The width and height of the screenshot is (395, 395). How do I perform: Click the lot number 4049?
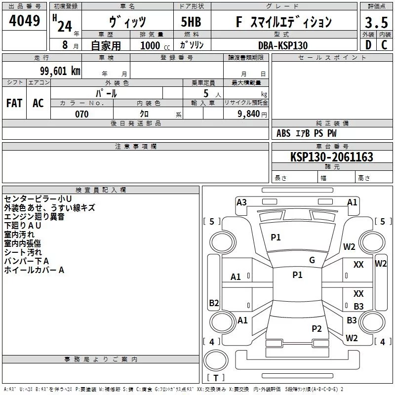[25, 22]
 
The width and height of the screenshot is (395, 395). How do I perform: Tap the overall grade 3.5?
[376, 22]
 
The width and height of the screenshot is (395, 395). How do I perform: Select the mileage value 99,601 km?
[56, 71]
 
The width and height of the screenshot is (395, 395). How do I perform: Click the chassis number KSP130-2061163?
[331, 157]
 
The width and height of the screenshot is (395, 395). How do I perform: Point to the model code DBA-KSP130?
[282, 45]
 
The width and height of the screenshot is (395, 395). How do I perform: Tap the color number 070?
[81, 114]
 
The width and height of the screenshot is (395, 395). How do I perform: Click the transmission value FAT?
[14, 103]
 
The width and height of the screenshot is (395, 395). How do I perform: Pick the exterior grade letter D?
[368, 45]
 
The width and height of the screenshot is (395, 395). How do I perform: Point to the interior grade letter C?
[384, 45]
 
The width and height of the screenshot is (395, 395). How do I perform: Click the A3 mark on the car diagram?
[241, 202]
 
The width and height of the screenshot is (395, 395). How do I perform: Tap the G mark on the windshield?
[312, 260]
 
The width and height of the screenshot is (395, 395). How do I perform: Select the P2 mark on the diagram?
[316, 328]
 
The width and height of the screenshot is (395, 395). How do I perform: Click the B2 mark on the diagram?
[214, 303]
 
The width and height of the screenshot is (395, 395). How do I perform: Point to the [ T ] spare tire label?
[216, 378]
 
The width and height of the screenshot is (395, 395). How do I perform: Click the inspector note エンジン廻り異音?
[34, 217]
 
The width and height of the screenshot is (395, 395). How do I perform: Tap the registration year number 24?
[65, 26]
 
